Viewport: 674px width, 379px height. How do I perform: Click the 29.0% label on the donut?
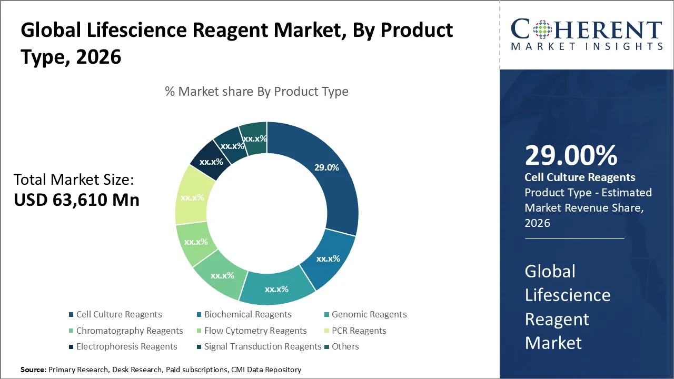point(326,167)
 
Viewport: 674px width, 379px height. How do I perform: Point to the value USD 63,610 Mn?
point(76,200)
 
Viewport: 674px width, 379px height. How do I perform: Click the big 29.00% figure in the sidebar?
point(571,155)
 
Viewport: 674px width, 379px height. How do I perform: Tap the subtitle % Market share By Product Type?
point(256,92)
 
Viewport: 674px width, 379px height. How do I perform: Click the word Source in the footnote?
point(33,370)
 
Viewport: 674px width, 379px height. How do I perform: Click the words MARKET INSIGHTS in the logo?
point(587,47)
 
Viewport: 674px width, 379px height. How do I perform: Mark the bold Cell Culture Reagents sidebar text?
point(580,177)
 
